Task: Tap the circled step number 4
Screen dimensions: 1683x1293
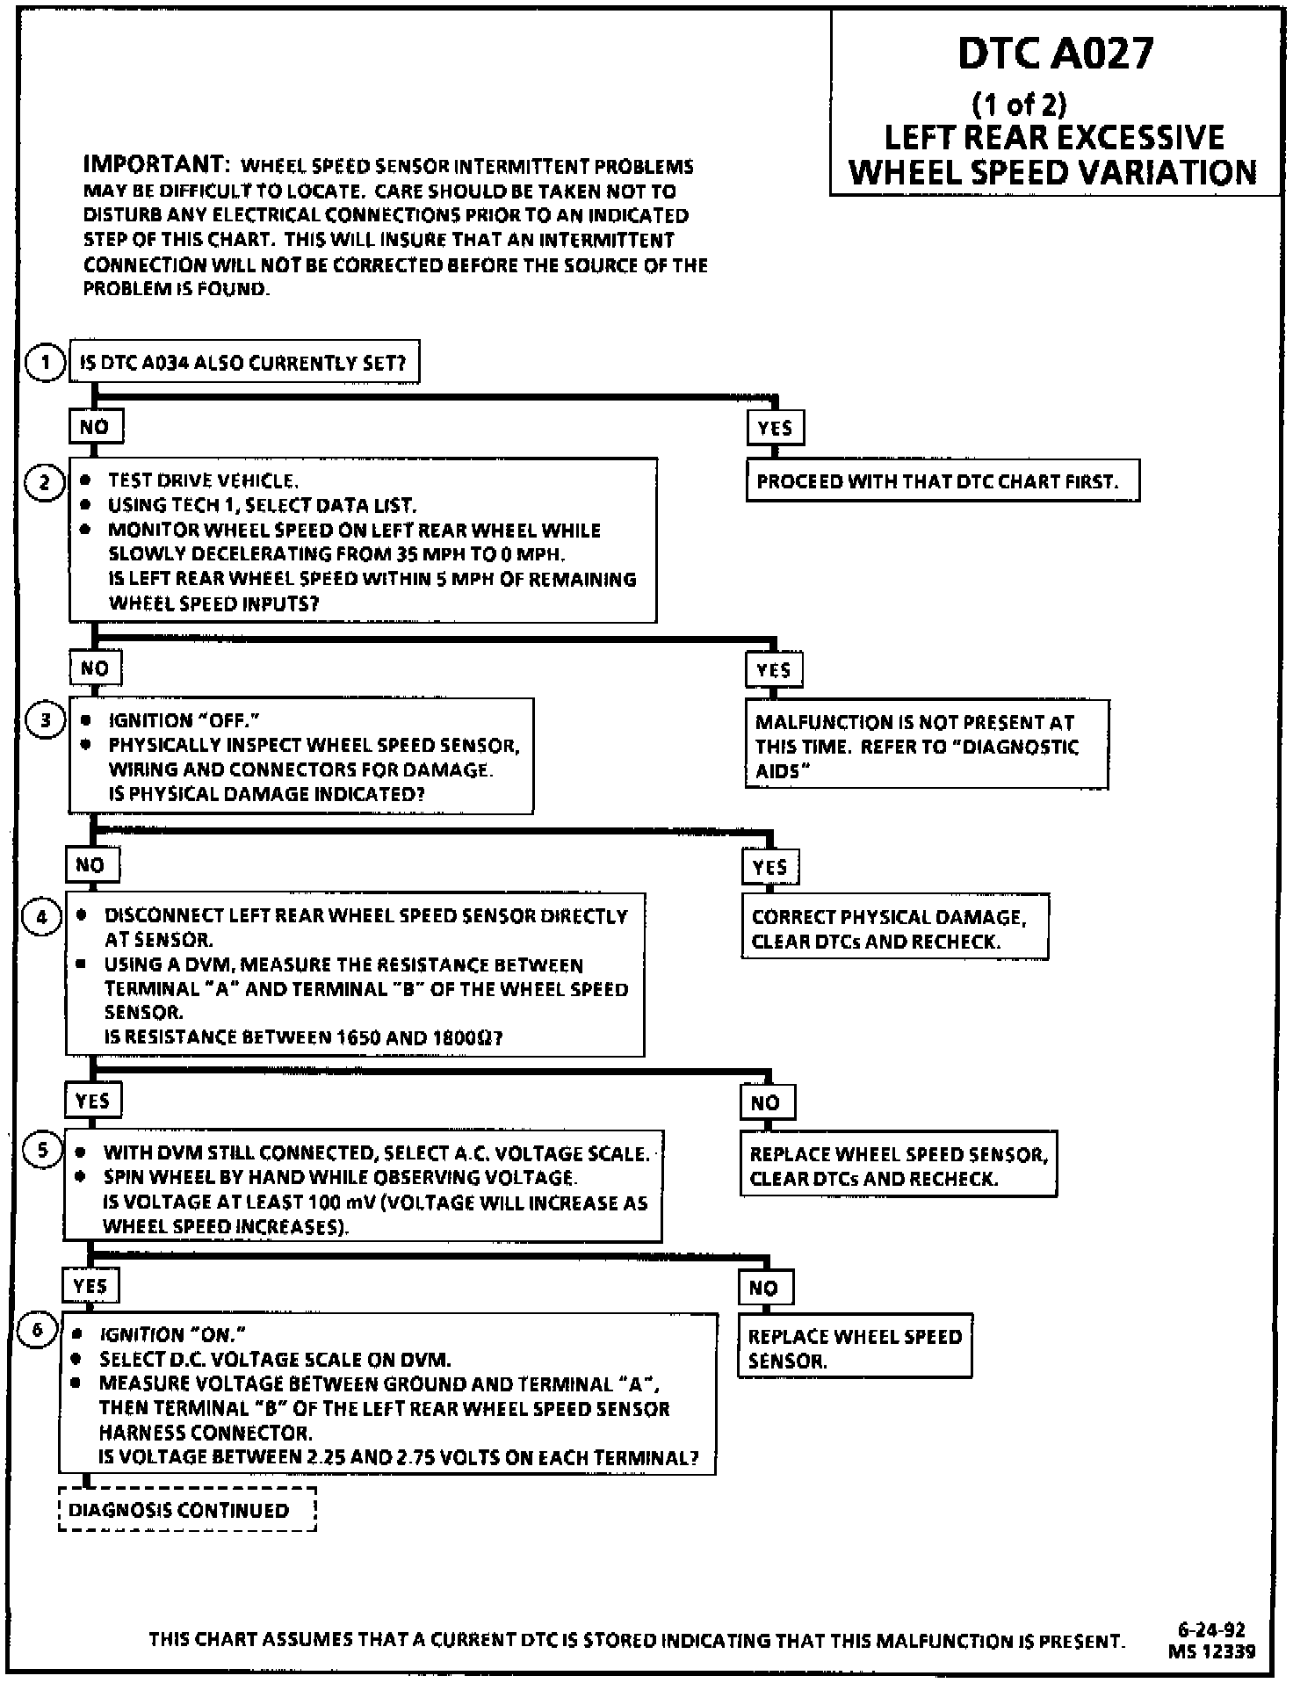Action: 41,917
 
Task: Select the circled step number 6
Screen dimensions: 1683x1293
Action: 38,1330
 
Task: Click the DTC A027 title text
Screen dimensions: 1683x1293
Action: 1054,54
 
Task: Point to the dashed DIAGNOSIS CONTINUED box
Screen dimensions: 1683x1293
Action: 187,1510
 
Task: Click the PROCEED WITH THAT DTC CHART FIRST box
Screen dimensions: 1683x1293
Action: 943,481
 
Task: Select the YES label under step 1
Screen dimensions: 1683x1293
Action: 774,428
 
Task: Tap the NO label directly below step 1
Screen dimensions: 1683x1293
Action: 95,427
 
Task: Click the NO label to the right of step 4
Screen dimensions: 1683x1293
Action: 765,1102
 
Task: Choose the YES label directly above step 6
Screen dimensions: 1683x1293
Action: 90,1286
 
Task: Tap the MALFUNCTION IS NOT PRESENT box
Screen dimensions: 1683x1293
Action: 926,746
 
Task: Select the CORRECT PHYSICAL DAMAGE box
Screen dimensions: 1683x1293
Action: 894,928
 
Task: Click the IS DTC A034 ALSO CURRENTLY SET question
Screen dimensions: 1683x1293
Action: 243,363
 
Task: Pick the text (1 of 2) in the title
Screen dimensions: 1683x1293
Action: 1020,105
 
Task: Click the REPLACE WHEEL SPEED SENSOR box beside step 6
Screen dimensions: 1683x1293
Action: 855,1348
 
